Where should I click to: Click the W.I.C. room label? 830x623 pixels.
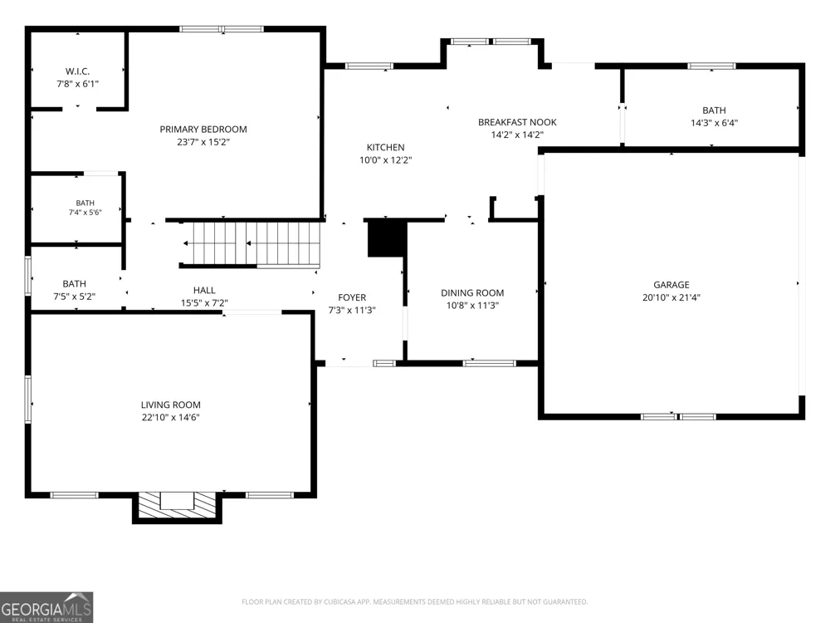tap(77, 71)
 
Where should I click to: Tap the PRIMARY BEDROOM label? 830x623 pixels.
tap(203, 130)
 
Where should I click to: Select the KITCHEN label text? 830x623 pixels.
tap(385, 147)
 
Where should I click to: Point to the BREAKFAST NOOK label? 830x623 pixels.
tap(517, 122)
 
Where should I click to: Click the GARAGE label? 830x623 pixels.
tap(671, 284)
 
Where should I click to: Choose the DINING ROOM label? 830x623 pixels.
tap(472, 292)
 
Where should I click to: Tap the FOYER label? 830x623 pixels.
tap(352, 297)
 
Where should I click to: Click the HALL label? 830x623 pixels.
tap(204, 290)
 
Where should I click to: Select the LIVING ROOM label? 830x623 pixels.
tap(170, 405)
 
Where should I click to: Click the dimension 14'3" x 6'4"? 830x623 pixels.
tap(714, 123)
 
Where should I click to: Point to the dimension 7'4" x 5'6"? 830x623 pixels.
tap(85, 213)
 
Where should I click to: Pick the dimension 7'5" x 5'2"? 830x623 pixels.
tap(74, 297)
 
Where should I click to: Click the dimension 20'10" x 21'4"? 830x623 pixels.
tap(671, 297)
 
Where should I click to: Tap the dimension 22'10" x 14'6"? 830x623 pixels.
tap(170, 418)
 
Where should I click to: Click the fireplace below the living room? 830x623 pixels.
tap(177, 507)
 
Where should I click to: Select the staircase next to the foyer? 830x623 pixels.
tap(251, 243)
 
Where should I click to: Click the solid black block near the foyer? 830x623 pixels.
tap(387, 238)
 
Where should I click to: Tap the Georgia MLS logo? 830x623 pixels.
tap(46, 608)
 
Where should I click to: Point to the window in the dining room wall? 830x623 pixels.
tap(489, 364)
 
